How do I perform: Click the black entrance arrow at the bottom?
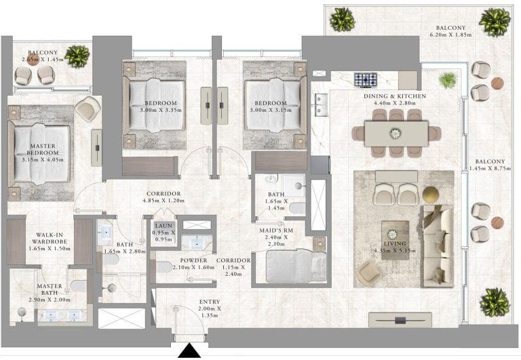(189, 351)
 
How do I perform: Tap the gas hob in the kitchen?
(366, 80)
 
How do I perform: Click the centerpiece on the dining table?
(395, 134)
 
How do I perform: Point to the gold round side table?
(431, 195)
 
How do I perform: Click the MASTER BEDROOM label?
(43, 149)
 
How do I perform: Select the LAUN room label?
(163, 226)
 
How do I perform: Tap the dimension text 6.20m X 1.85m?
(451, 35)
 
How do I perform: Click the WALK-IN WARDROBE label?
(50, 238)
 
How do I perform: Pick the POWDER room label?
(193, 261)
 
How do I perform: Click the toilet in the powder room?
(163, 266)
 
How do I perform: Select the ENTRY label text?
(210, 302)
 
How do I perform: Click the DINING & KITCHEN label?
(394, 96)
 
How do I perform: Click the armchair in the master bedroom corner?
(88, 107)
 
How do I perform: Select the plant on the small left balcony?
(77, 56)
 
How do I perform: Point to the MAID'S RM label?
(276, 230)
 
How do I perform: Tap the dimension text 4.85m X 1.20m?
(163, 201)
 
